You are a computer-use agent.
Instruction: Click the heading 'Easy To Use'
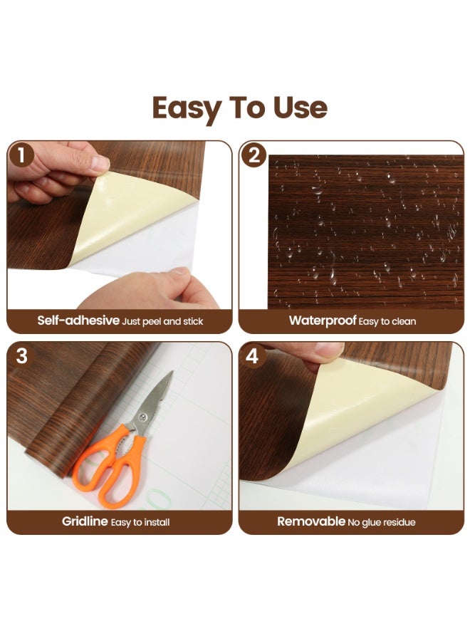click(239, 108)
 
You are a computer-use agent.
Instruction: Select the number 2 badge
click(254, 155)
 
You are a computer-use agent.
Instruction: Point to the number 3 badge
click(22, 355)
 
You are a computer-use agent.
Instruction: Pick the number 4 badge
click(253, 355)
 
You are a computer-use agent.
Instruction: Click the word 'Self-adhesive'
click(78, 320)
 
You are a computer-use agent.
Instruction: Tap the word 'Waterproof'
click(322, 320)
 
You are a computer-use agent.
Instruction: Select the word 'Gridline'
click(85, 521)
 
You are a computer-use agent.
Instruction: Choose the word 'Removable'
click(311, 521)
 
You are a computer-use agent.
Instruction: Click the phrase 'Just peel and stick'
click(163, 321)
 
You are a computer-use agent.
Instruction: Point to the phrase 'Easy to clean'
click(388, 321)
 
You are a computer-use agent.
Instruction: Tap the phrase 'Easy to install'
click(140, 522)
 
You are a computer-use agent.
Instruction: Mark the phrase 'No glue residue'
click(382, 522)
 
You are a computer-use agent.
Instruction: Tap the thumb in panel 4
click(324, 350)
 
